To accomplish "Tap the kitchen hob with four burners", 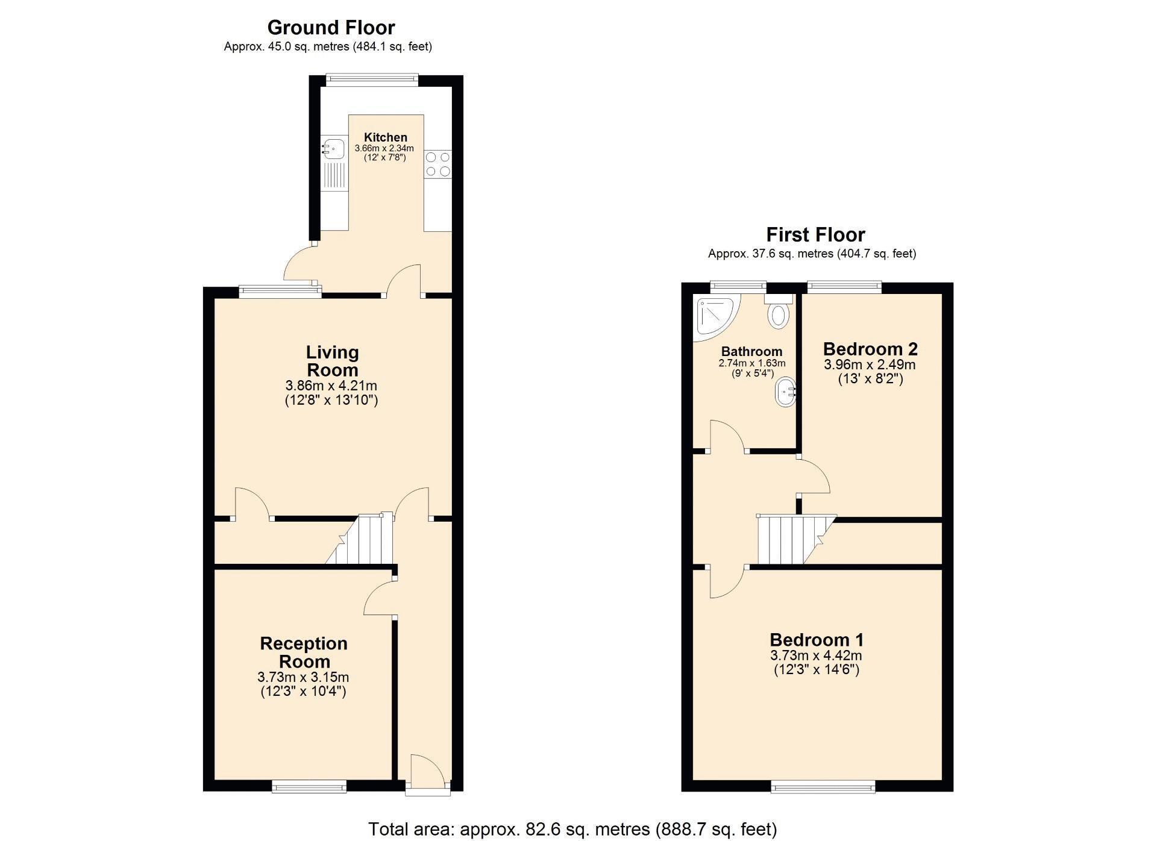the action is (438, 164).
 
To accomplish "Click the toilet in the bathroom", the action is (779, 310).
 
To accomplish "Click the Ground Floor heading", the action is (331, 28).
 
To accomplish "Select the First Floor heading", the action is (815, 234).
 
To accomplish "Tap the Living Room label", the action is (332, 361).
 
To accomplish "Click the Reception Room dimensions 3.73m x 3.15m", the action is (303, 677).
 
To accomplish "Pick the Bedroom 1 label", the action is (817, 639).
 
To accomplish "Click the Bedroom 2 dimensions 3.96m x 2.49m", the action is (870, 364).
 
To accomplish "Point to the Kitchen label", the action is (386, 137).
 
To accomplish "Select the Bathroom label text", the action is (751, 351).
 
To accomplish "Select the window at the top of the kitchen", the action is (372, 77).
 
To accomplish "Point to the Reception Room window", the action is (309, 786).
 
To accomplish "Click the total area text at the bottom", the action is (572, 830).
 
